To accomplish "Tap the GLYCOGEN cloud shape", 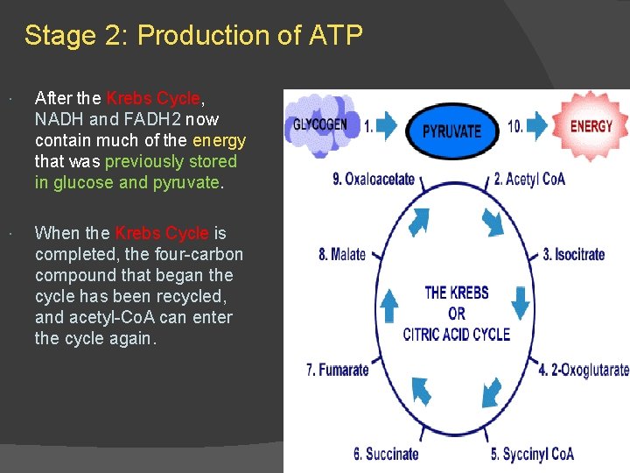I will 320,124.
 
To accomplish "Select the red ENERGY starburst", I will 591,125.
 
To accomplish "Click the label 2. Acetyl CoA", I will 529,179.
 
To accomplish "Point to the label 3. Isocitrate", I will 573,255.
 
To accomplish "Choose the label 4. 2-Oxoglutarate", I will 583,370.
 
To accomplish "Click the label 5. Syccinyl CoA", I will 532,454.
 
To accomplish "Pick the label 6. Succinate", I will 386,454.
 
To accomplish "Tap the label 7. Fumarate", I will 338,370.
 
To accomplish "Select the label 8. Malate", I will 342,255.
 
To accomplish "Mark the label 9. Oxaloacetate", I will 374,179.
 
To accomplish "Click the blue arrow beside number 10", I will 536,126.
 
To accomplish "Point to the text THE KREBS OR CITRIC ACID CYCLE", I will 456,314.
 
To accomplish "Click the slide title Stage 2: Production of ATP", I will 193,36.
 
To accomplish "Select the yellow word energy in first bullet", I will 219,140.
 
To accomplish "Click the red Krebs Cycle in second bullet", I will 162,233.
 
